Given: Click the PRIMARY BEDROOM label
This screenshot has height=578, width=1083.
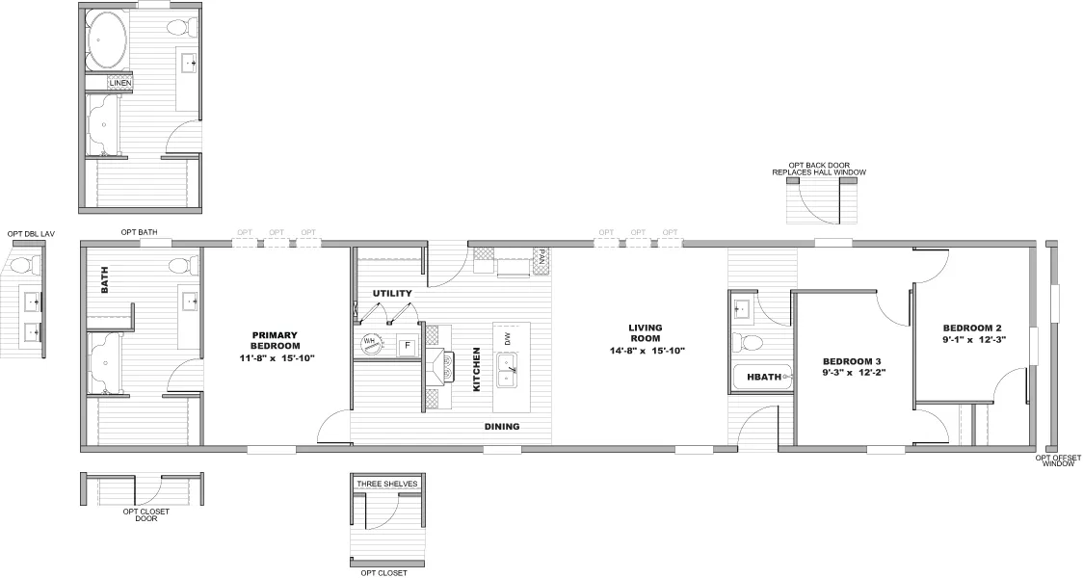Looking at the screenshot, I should point(276,340).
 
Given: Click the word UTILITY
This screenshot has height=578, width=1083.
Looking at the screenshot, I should point(392,293).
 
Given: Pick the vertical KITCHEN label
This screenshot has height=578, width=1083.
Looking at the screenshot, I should point(476,369).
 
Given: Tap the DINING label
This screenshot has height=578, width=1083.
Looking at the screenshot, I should point(502,426).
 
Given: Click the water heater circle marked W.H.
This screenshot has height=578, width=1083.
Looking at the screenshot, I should point(370,342).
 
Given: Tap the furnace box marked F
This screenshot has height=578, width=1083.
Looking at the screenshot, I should point(408,344).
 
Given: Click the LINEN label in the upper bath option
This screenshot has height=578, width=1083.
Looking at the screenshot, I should point(120,84).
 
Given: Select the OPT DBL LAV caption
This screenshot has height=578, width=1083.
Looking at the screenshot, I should point(28,233).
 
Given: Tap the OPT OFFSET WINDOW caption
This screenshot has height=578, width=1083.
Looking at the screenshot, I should point(1058,460).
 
